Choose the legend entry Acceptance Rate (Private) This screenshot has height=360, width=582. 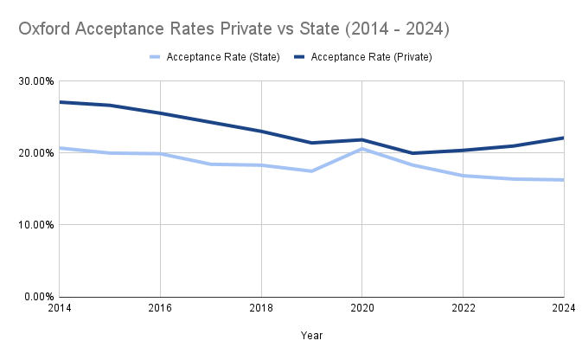pos(371,57)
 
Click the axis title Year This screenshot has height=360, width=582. pos(311,335)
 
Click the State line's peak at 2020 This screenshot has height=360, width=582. pos(361,149)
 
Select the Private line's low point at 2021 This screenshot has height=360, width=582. pos(413,153)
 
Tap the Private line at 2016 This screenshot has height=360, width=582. pos(160,113)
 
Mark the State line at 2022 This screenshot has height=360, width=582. pos(463,176)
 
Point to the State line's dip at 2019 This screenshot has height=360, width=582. pos(311,171)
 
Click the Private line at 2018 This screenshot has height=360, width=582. pos(261,132)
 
